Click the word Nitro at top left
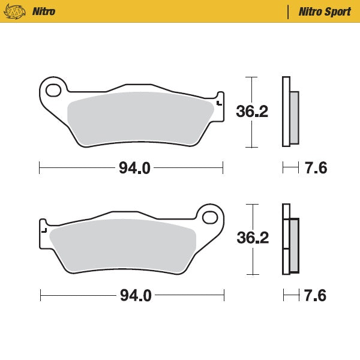pos(45,11)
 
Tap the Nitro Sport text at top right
pos(325,11)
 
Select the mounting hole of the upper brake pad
pos(53,91)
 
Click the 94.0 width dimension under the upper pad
pos(134,169)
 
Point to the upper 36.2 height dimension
pos(252,112)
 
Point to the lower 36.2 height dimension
pos(253,238)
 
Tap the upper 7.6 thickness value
pos(316,169)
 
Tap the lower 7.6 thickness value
pos(316,295)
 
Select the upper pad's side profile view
pos(289,112)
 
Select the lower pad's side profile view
pos(290,238)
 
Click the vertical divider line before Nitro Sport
pos(289,11)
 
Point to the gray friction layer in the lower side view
pos(294,244)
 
